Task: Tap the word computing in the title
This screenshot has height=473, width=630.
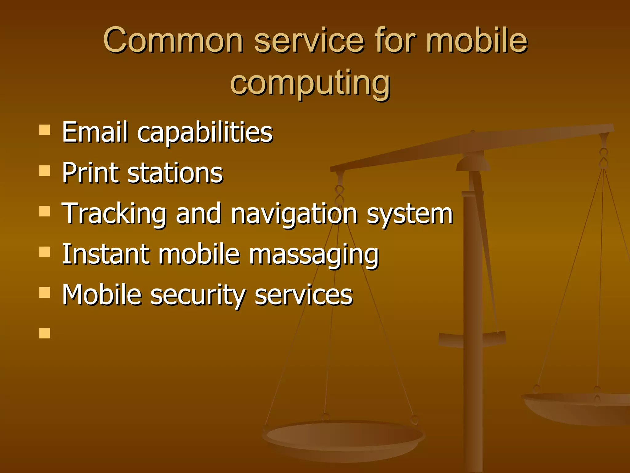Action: pos(310,83)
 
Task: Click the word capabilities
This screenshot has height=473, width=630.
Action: pos(205,133)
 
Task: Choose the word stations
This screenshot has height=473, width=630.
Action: pos(175,173)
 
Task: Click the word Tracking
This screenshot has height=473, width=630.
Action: pos(114,214)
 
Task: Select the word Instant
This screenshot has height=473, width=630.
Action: pos(106,254)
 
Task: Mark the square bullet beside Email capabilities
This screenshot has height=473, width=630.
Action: pos(45,130)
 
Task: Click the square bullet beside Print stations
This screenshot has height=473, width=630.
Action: pos(45,171)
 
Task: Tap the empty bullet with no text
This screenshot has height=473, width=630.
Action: pos(45,333)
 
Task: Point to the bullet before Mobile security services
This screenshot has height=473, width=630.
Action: pos(45,293)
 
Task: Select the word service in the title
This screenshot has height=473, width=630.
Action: pos(309,41)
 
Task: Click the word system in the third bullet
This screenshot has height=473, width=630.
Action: pos(410,214)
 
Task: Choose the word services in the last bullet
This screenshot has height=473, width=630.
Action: pos(304,295)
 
